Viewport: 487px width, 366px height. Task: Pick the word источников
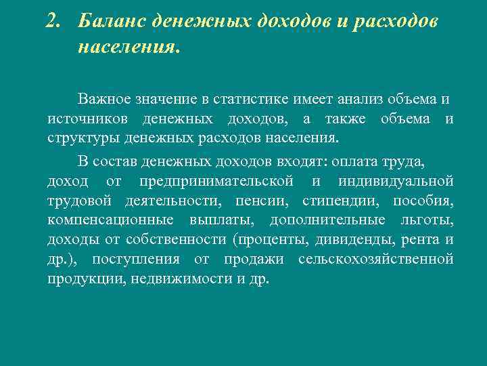click(x=89, y=119)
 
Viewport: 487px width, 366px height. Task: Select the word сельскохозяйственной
click(x=375, y=260)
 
